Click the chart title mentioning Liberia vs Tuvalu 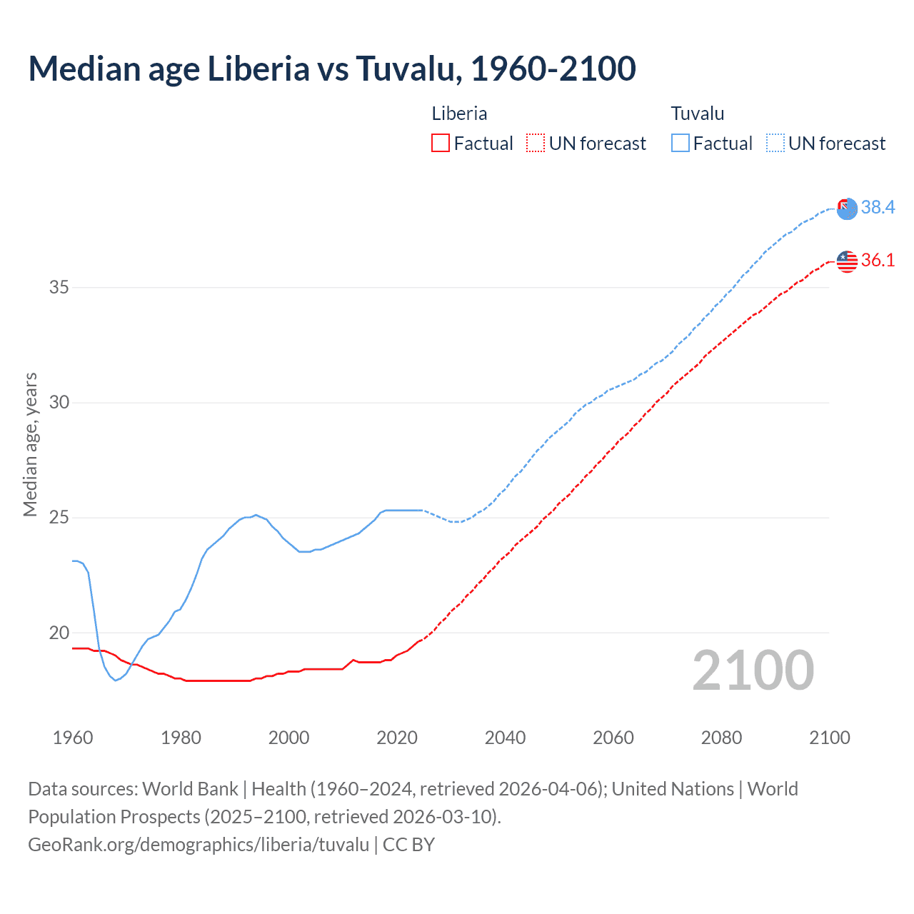pos(332,69)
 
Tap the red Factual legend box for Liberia pos(441,143)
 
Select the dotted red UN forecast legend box pos(536,143)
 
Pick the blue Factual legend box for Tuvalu pos(681,143)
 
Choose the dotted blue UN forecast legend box pos(775,143)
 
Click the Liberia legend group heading pos(459,114)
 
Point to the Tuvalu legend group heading pos(698,114)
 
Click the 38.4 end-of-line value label pos(878,207)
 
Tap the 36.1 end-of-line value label pos(878,260)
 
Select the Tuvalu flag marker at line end pos(847,209)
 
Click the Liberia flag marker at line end pos(847,261)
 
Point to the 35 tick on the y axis pos(59,287)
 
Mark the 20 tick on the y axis pos(59,633)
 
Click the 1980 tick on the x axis pos(181,738)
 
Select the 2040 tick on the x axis pos(505,738)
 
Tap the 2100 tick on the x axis pos(829,738)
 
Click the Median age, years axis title pos(30,444)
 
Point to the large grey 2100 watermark pos(753,671)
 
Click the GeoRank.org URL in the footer pos(199,845)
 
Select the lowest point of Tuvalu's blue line pos(116,680)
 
